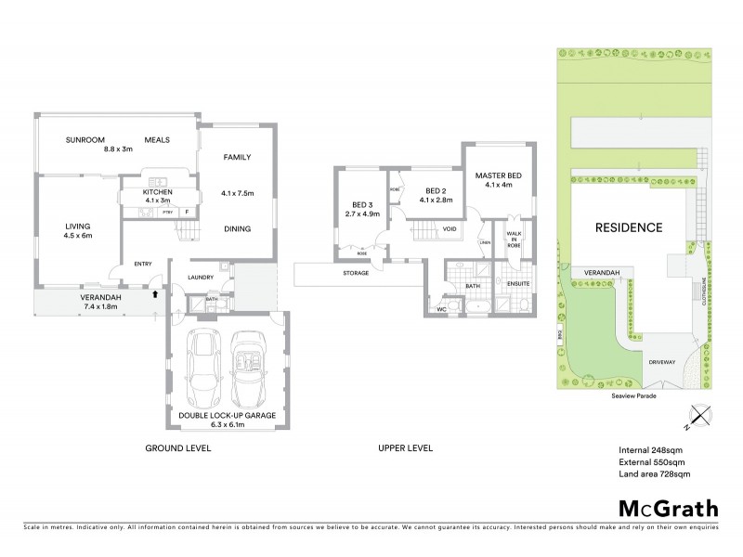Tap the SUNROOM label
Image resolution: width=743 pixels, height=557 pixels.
click(83, 140)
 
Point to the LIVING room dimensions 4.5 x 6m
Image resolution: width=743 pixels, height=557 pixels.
click(79, 235)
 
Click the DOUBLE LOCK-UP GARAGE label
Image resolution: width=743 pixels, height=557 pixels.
click(228, 415)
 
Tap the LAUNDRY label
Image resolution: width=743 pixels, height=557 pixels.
click(201, 277)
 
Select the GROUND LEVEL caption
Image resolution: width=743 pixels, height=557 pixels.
click(178, 448)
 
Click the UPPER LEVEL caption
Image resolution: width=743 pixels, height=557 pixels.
click(405, 448)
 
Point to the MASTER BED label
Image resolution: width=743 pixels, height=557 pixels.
click(498, 176)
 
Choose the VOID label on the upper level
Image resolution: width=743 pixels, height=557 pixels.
click(449, 227)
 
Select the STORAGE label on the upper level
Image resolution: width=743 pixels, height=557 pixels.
click(355, 273)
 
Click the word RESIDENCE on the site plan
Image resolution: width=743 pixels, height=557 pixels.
click(628, 227)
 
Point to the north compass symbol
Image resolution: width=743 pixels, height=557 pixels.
click(699, 419)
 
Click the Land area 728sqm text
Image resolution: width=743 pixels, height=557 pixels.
click(654, 474)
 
